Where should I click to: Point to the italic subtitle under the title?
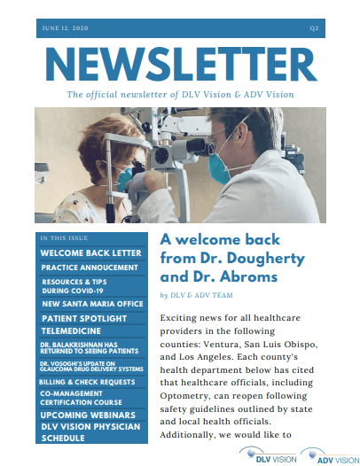click(x=180, y=93)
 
